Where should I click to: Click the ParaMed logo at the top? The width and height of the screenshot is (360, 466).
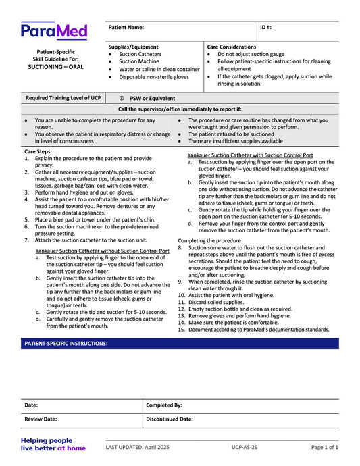[x=54, y=31]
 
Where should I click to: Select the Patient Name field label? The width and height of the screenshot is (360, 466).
[x=126, y=28]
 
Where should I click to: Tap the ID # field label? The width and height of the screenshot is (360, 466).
[x=266, y=28]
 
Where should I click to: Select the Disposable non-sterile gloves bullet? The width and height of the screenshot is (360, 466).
[x=154, y=77]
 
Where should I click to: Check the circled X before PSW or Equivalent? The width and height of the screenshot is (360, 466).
[x=122, y=98]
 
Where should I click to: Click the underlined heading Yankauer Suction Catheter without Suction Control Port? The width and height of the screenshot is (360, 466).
[x=102, y=251]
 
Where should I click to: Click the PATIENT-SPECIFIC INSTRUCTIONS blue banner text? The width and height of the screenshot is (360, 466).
[x=66, y=344]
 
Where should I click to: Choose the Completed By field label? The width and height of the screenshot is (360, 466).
[x=163, y=405]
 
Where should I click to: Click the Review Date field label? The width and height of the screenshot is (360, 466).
[x=41, y=419]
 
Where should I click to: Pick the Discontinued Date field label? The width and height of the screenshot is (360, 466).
[x=169, y=419]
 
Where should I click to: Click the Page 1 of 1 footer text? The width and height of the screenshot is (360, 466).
[x=325, y=448]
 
